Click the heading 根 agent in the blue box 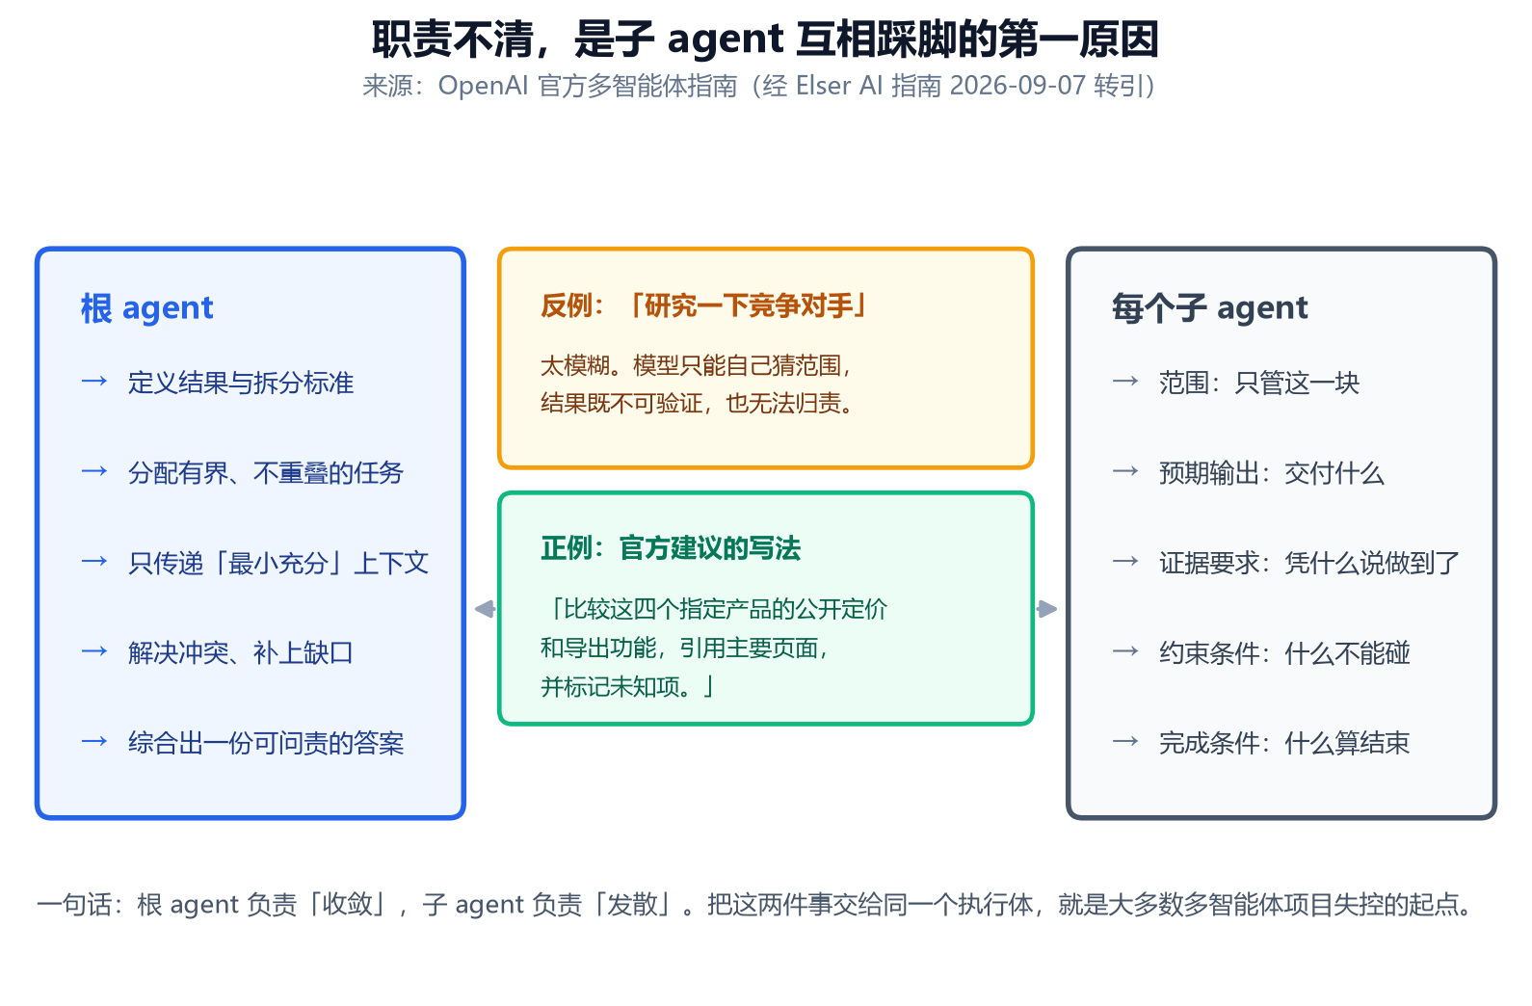tap(147, 307)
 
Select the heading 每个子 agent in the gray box tap(1209, 307)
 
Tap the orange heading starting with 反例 tap(703, 305)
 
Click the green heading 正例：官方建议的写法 tap(671, 548)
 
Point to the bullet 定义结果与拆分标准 tap(241, 383)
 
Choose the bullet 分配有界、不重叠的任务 tap(266, 472)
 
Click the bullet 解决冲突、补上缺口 tap(241, 652)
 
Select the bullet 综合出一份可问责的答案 tap(266, 743)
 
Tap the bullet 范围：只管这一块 tap(1259, 383)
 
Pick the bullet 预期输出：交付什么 tap(1272, 472)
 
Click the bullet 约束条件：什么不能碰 tap(1284, 652)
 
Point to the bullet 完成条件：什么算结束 tap(1284, 743)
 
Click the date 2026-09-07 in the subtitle tap(1017, 86)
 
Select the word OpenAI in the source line tap(483, 86)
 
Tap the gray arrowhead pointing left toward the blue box tap(485, 609)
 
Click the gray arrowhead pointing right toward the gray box tap(1047, 609)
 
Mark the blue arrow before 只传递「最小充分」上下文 tap(94, 562)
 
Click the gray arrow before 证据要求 tap(1125, 562)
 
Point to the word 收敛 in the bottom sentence tap(347, 905)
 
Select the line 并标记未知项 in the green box tap(626, 686)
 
